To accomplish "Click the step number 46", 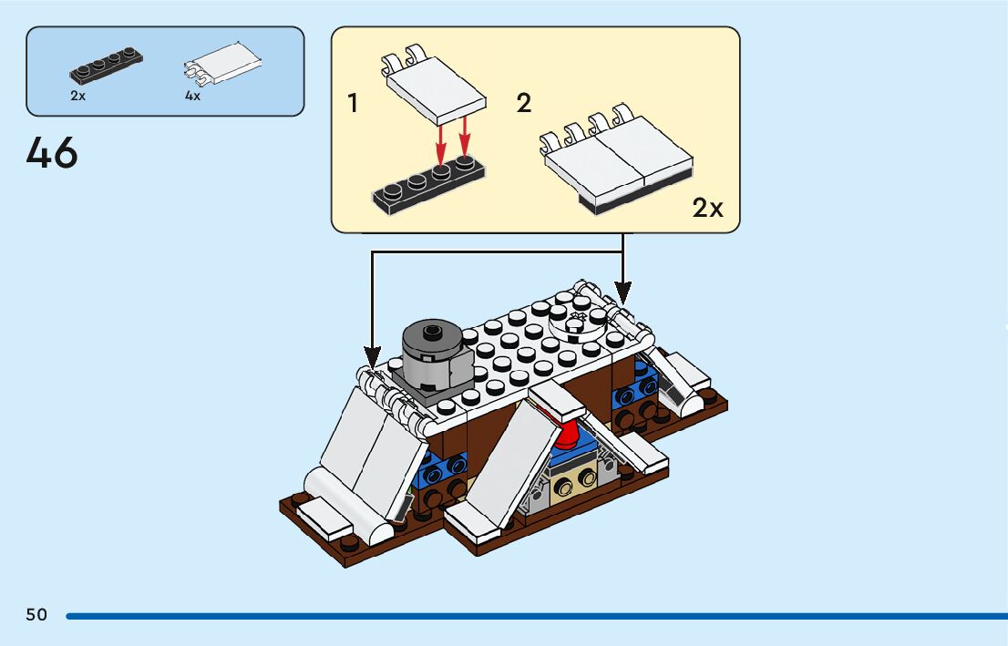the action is (x=52, y=153).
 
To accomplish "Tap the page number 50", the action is (x=36, y=615).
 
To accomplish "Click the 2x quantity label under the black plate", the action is (x=77, y=96).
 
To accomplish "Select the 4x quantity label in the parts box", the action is (x=192, y=96).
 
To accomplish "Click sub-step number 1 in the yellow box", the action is (x=353, y=104).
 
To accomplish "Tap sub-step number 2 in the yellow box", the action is (x=523, y=104).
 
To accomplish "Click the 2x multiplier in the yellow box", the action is (x=707, y=209).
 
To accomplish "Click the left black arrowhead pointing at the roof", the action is (x=372, y=354).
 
